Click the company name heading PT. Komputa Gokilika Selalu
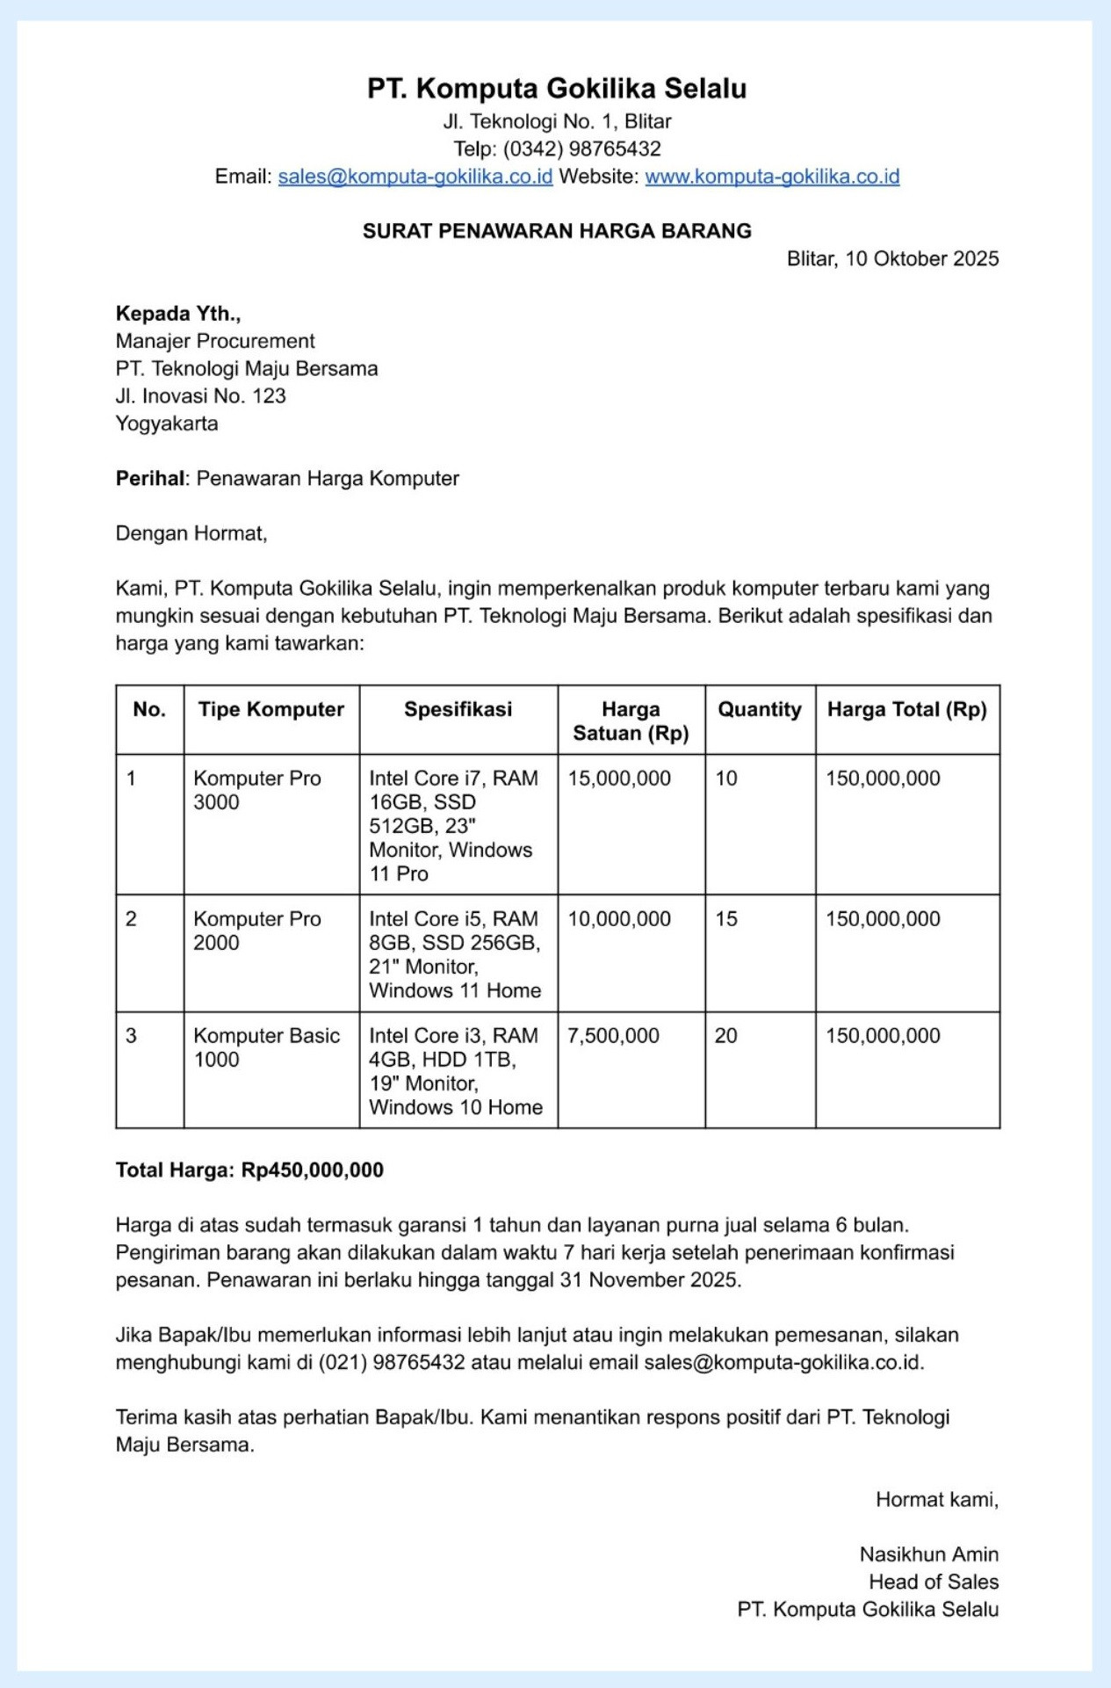click(x=557, y=89)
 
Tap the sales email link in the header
click(x=415, y=177)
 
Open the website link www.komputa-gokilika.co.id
click(x=772, y=177)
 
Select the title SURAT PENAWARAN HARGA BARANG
click(x=557, y=231)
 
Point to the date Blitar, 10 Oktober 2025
click(x=892, y=258)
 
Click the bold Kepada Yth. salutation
click(x=178, y=314)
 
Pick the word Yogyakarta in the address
click(x=167, y=424)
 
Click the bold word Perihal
click(x=150, y=479)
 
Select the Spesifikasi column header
click(x=458, y=710)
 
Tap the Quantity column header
click(x=760, y=710)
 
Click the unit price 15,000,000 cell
click(x=619, y=779)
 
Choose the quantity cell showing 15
click(x=726, y=919)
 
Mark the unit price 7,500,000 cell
click(x=613, y=1036)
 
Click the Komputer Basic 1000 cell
click(x=266, y=1047)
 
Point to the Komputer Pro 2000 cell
click(x=257, y=931)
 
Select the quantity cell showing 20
click(x=726, y=1036)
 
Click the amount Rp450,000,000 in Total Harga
click(x=313, y=1170)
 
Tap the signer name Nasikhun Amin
click(x=928, y=1554)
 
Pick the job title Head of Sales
click(x=933, y=1582)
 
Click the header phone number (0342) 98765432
click(x=581, y=149)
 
